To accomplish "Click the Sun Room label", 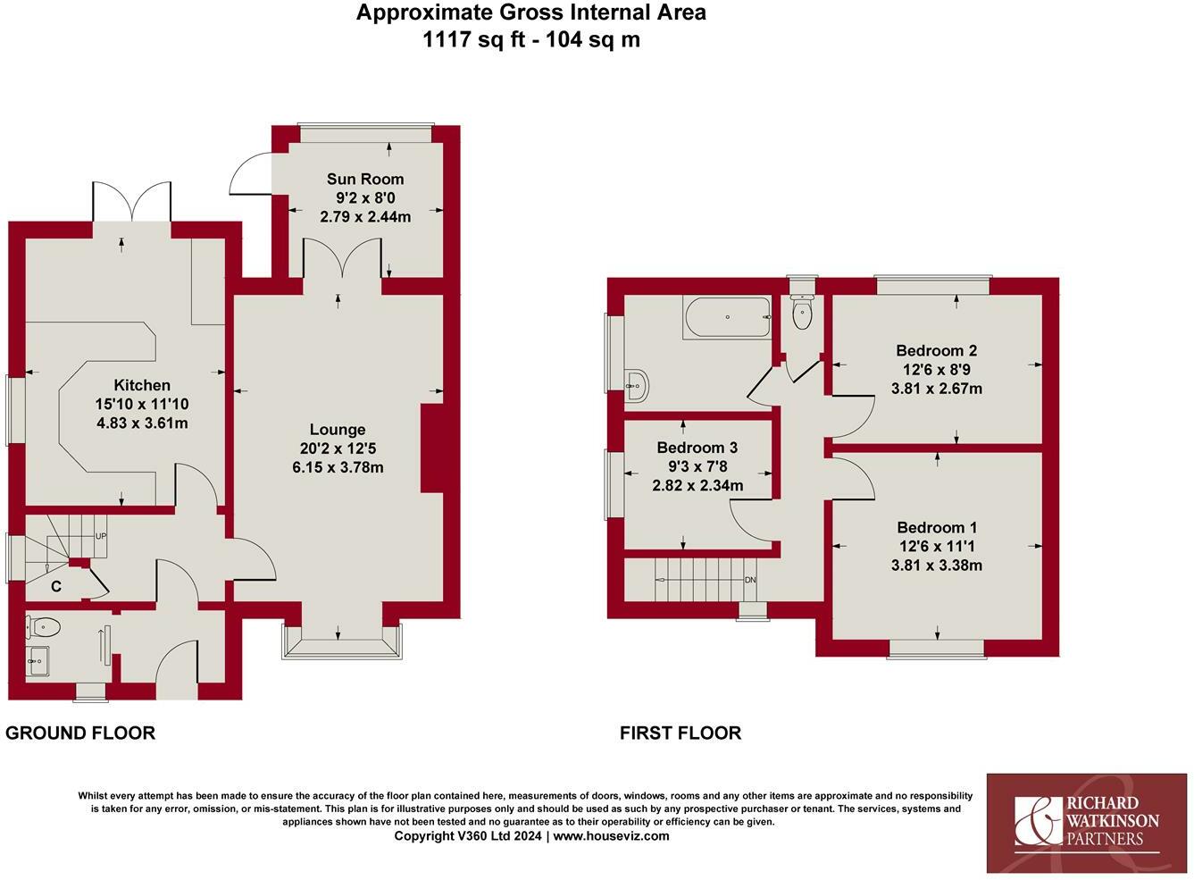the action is pyautogui.click(x=365, y=180).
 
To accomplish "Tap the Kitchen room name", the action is pyautogui.click(x=142, y=385).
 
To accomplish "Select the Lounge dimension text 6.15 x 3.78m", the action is pyautogui.click(x=338, y=468).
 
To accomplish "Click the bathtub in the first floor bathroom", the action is pyautogui.click(x=728, y=317).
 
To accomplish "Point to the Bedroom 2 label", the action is pyautogui.click(x=937, y=350).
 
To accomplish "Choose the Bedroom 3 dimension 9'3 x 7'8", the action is pyautogui.click(x=697, y=466).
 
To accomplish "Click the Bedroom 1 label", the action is pyautogui.click(x=937, y=527).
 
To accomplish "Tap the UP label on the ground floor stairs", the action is pyautogui.click(x=101, y=536).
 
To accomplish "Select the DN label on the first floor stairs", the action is pyautogui.click(x=750, y=580).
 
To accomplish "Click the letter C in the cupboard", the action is pyautogui.click(x=56, y=587).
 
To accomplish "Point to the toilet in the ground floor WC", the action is pyautogui.click(x=43, y=625).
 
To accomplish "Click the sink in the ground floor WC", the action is pyautogui.click(x=38, y=661).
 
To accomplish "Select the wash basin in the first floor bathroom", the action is pyautogui.click(x=636, y=384).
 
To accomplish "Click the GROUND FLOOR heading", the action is pyautogui.click(x=80, y=733).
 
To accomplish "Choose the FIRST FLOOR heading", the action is pyautogui.click(x=680, y=733).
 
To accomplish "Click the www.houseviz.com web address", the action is pyautogui.click(x=611, y=835).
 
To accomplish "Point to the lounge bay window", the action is pyautogui.click(x=342, y=642).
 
